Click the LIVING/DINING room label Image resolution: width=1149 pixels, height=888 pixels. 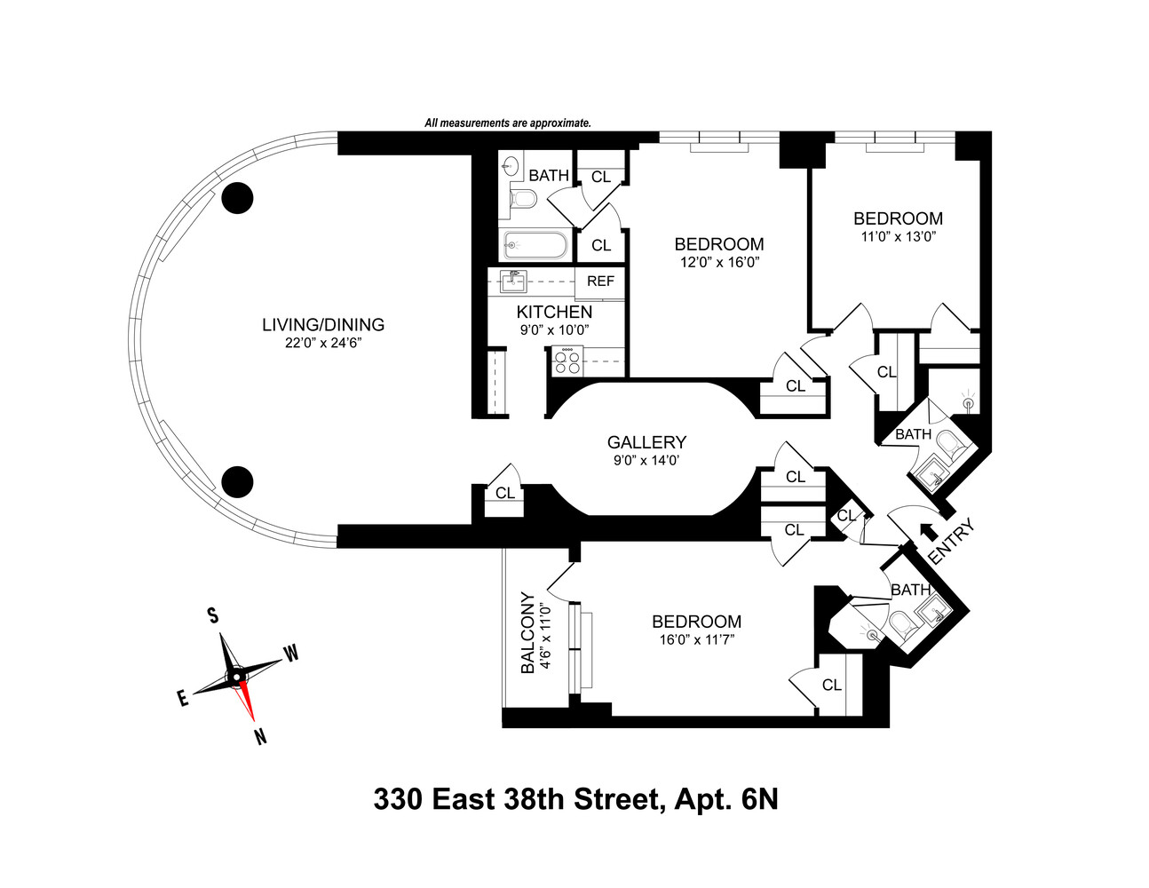coord(322,324)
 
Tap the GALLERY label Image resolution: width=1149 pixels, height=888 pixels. coord(646,442)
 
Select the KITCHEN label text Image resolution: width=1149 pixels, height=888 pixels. coord(554,313)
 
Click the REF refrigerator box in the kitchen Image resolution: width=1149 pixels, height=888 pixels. coord(600,281)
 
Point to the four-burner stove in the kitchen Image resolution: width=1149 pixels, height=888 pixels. coord(567,361)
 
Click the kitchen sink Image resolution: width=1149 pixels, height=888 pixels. coord(513,281)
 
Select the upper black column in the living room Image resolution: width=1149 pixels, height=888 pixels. coord(237,199)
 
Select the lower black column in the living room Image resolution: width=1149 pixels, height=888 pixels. coord(237,481)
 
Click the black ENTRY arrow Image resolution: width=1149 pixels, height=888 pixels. coord(928,530)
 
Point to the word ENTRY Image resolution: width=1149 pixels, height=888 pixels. coord(951,542)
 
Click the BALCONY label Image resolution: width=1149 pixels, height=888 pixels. coord(527,632)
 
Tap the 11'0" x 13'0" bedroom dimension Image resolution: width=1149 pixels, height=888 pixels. coord(898,236)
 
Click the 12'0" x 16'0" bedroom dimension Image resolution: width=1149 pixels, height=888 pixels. coord(718,262)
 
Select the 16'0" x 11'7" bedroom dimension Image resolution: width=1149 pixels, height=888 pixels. coord(695,639)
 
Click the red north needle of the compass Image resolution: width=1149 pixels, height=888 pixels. coord(248,704)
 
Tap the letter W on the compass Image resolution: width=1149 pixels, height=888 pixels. coord(290,654)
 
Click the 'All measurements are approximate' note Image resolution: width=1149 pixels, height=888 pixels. coord(507,123)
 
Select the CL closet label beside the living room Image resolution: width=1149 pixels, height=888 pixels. coord(504,493)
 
